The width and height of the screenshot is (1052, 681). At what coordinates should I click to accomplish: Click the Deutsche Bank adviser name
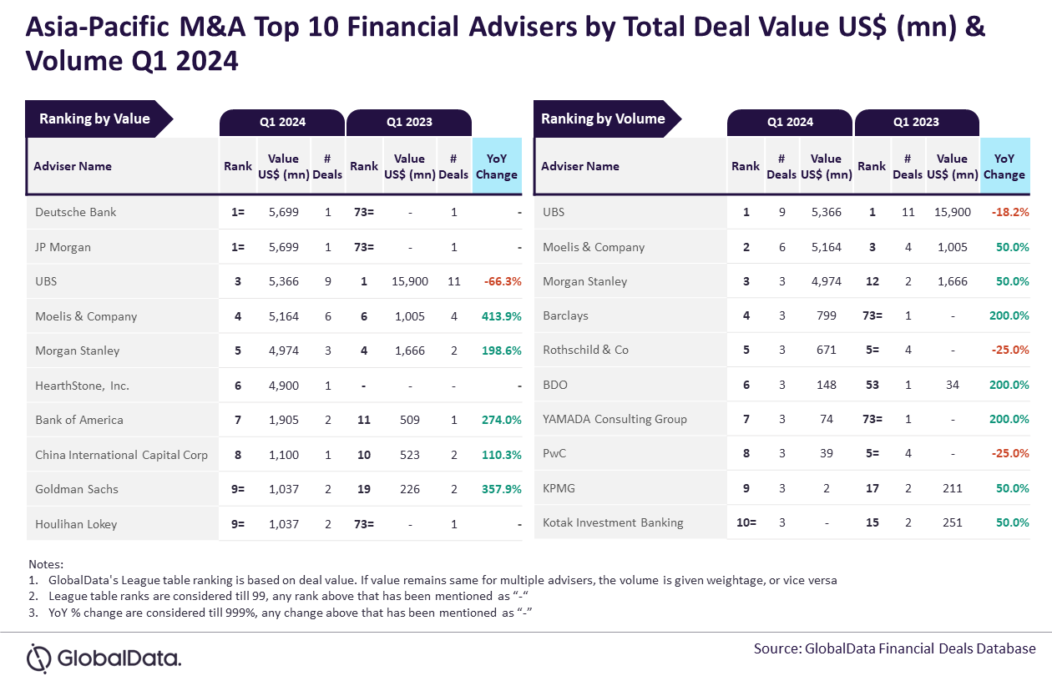[76, 212]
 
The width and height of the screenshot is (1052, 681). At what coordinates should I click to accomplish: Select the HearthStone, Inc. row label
[83, 386]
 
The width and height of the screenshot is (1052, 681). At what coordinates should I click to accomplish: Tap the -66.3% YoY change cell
[502, 281]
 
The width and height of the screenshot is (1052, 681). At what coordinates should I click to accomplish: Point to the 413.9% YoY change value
[501, 316]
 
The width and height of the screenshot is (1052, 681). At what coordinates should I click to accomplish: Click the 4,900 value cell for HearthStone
[283, 386]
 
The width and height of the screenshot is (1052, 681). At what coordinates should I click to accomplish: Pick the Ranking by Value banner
[95, 119]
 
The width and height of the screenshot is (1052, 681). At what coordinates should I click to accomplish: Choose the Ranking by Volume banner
[603, 119]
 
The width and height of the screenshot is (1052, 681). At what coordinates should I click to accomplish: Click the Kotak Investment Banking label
[613, 522]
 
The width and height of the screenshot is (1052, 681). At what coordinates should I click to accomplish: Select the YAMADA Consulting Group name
[615, 419]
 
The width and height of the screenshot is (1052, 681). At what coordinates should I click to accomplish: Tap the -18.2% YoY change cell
[1009, 212]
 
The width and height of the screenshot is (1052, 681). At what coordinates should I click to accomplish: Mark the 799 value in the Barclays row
[826, 315]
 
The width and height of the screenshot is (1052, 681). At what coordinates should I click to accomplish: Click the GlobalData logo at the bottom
[104, 658]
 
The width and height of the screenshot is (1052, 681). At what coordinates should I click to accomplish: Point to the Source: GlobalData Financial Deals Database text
[894, 648]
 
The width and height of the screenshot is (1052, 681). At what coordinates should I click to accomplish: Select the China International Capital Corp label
[121, 455]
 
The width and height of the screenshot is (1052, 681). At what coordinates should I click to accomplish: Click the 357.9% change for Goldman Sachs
[501, 489]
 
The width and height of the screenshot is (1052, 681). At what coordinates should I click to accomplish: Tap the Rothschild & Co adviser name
[585, 350]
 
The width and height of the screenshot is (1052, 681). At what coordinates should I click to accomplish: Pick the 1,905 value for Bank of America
[283, 420]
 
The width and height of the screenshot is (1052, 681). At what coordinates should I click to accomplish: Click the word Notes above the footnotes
[46, 564]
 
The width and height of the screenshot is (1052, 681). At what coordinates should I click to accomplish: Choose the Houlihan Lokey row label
[76, 524]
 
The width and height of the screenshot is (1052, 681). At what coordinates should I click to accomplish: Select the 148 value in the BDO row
[826, 385]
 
